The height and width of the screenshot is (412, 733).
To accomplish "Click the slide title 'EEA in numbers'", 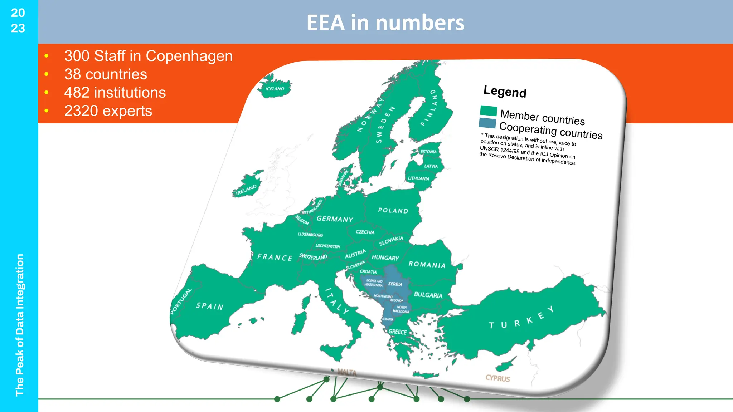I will pos(385,23).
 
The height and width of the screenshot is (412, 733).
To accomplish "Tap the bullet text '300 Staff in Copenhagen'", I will pos(149,56).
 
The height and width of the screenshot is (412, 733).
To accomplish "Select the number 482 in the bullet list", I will pos(77,93).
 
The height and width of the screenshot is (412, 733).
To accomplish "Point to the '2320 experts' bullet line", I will pos(108,111).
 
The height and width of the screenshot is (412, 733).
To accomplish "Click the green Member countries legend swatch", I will pos(488,111).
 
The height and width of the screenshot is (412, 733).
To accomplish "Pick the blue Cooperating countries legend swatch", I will pos(487,123).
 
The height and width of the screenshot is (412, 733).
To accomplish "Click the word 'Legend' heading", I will pos(505,91).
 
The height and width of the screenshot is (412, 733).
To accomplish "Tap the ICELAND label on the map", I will pos(275,89).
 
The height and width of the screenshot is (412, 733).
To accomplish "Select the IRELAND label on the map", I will pos(246,190).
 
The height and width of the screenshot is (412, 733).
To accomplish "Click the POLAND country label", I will pos(393,210).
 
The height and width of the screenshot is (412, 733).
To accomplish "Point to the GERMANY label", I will pos(335,219).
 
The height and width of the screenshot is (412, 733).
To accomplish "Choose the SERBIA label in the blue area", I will pos(395,284).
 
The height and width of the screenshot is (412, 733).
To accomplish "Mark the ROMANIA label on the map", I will pos(427,264).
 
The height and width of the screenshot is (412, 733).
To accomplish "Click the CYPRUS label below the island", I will pos(497,378).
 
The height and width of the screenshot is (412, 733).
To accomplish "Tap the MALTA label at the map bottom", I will pos(346,373).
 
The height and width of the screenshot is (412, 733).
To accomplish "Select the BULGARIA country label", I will pos(428,295).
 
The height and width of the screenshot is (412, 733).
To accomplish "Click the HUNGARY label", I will pos(385,257).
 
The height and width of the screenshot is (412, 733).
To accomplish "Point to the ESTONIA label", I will pos(428,152).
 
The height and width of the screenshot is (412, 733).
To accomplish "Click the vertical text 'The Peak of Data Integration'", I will pos(20,325).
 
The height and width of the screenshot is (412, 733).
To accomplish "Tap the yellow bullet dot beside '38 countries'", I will pos(47,74).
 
